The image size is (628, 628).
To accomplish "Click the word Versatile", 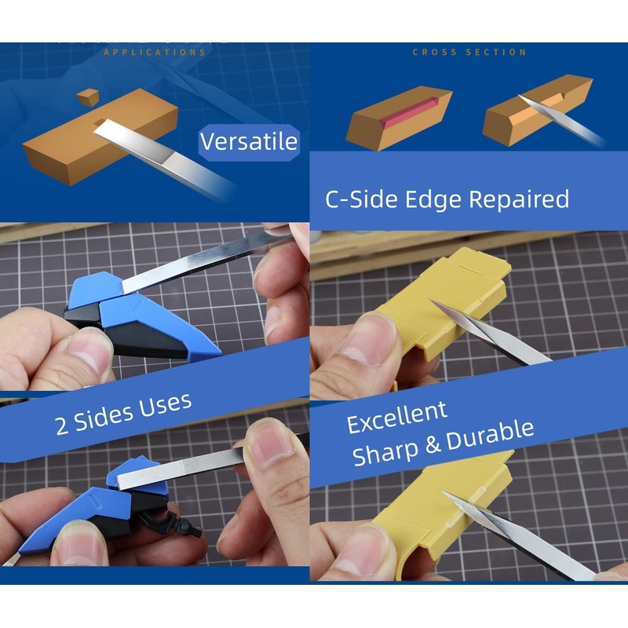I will [x=248, y=142].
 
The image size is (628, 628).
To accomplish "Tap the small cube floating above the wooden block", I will [x=87, y=97].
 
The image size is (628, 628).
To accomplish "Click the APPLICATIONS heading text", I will [x=155, y=53].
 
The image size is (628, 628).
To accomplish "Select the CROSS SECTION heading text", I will [x=469, y=53].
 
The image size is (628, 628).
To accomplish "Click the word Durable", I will [x=494, y=434].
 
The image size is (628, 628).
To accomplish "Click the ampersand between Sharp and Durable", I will [x=432, y=445].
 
